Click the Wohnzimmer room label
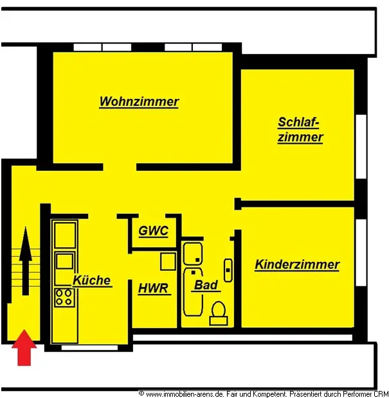(139, 101)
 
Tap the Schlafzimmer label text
(300, 130)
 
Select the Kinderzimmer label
(297, 264)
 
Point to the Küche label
(92, 281)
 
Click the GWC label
(154, 231)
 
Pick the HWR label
(154, 288)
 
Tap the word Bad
(206, 284)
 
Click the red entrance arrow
(24, 347)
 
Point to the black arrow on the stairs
(25, 257)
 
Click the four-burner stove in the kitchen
(64, 297)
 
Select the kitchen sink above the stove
(64, 261)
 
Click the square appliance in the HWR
(168, 261)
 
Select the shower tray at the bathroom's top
(192, 253)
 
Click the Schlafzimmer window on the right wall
(361, 146)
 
